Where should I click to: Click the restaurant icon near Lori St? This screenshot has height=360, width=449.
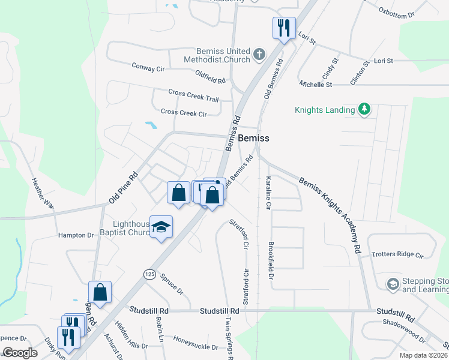coord(284,27)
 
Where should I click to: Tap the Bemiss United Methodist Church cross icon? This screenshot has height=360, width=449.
coord(259,55)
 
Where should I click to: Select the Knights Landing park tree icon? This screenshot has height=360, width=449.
coord(363,109)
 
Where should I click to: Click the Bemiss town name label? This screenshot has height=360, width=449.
coord(253,138)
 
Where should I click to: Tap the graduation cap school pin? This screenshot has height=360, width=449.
coord(161,227)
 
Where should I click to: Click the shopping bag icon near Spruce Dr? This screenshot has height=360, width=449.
coord(100,293)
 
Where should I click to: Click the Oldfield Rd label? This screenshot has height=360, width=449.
coord(210,76)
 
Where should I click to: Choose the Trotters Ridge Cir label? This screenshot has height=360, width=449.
coord(397,254)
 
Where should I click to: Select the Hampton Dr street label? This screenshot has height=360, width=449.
coord(77,236)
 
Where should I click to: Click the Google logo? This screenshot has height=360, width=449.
coord(20,353)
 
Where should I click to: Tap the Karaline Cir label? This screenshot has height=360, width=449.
coord(268,193)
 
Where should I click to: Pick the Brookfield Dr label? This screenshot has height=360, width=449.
coord(271,261)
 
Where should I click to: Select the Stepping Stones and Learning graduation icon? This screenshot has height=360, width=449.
coord(393,283)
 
